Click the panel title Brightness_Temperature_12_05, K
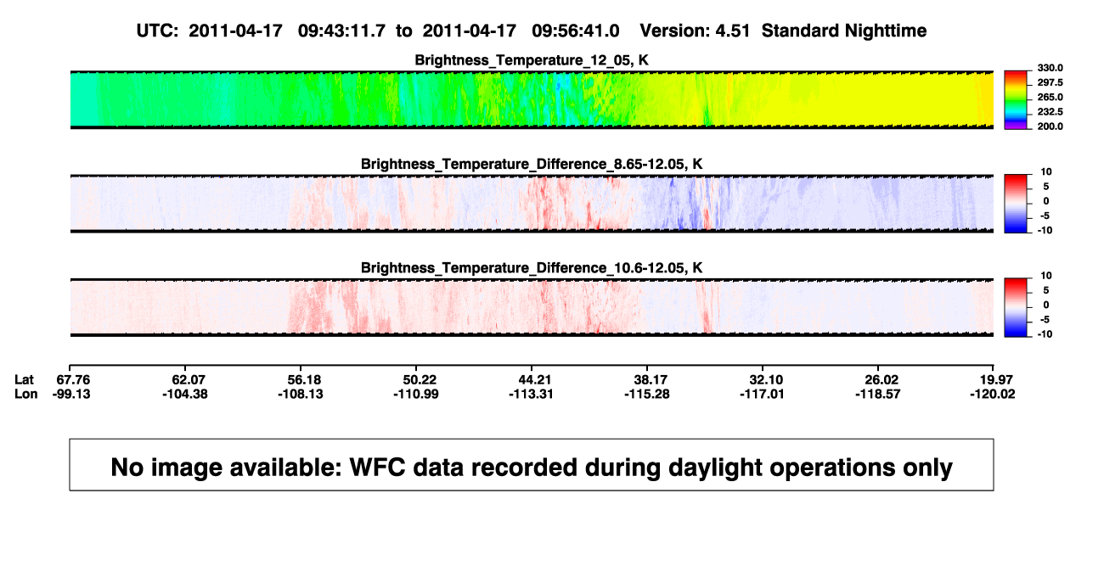click(x=532, y=60)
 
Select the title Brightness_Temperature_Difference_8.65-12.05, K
click(x=532, y=164)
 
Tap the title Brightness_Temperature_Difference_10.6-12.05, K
click(x=532, y=268)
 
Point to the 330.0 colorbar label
click(x=1050, y=68)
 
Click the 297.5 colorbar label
click(x=1050, y=83)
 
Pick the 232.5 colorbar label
click(x=1050, y=112)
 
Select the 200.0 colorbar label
click(x=1050, y=126)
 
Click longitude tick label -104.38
click(x=185, y=394)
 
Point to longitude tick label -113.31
click(x=531, y=394)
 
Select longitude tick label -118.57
click(x=878, y=394)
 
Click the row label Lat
click(x=24, y=380)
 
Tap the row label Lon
click(x=25, y=394)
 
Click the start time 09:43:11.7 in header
click(x=341, y=31)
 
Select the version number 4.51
click(x=732, y=31)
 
